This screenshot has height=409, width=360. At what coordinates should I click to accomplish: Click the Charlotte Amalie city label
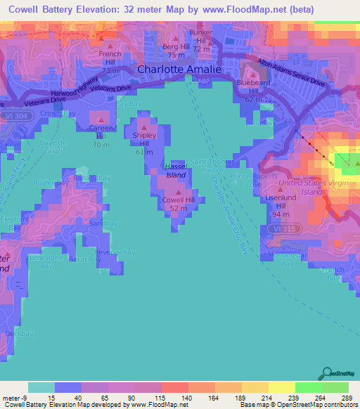click(179, 70)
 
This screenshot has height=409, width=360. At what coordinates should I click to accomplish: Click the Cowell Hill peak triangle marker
click(179, 191)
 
